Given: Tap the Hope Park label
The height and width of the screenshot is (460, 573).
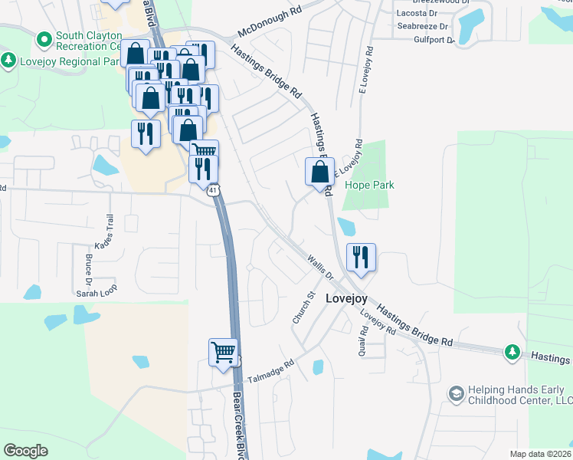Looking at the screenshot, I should pos(368,186).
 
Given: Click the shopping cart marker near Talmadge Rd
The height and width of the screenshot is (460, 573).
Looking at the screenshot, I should pos(223,353).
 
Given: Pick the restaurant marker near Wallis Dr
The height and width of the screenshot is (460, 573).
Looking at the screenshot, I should pos(360,257).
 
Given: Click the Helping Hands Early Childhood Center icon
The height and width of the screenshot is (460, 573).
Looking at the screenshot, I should pos(457,393).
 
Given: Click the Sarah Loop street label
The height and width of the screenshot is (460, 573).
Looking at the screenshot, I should pos(96,293).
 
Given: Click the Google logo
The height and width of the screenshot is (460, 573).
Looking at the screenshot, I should pos(25,451).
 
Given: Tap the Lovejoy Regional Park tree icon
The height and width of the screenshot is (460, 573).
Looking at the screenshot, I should pos(8,60).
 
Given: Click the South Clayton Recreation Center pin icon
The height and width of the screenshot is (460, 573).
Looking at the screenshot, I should pos(44,37).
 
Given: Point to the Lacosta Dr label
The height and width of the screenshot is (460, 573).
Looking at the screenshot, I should pos(417,14).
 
